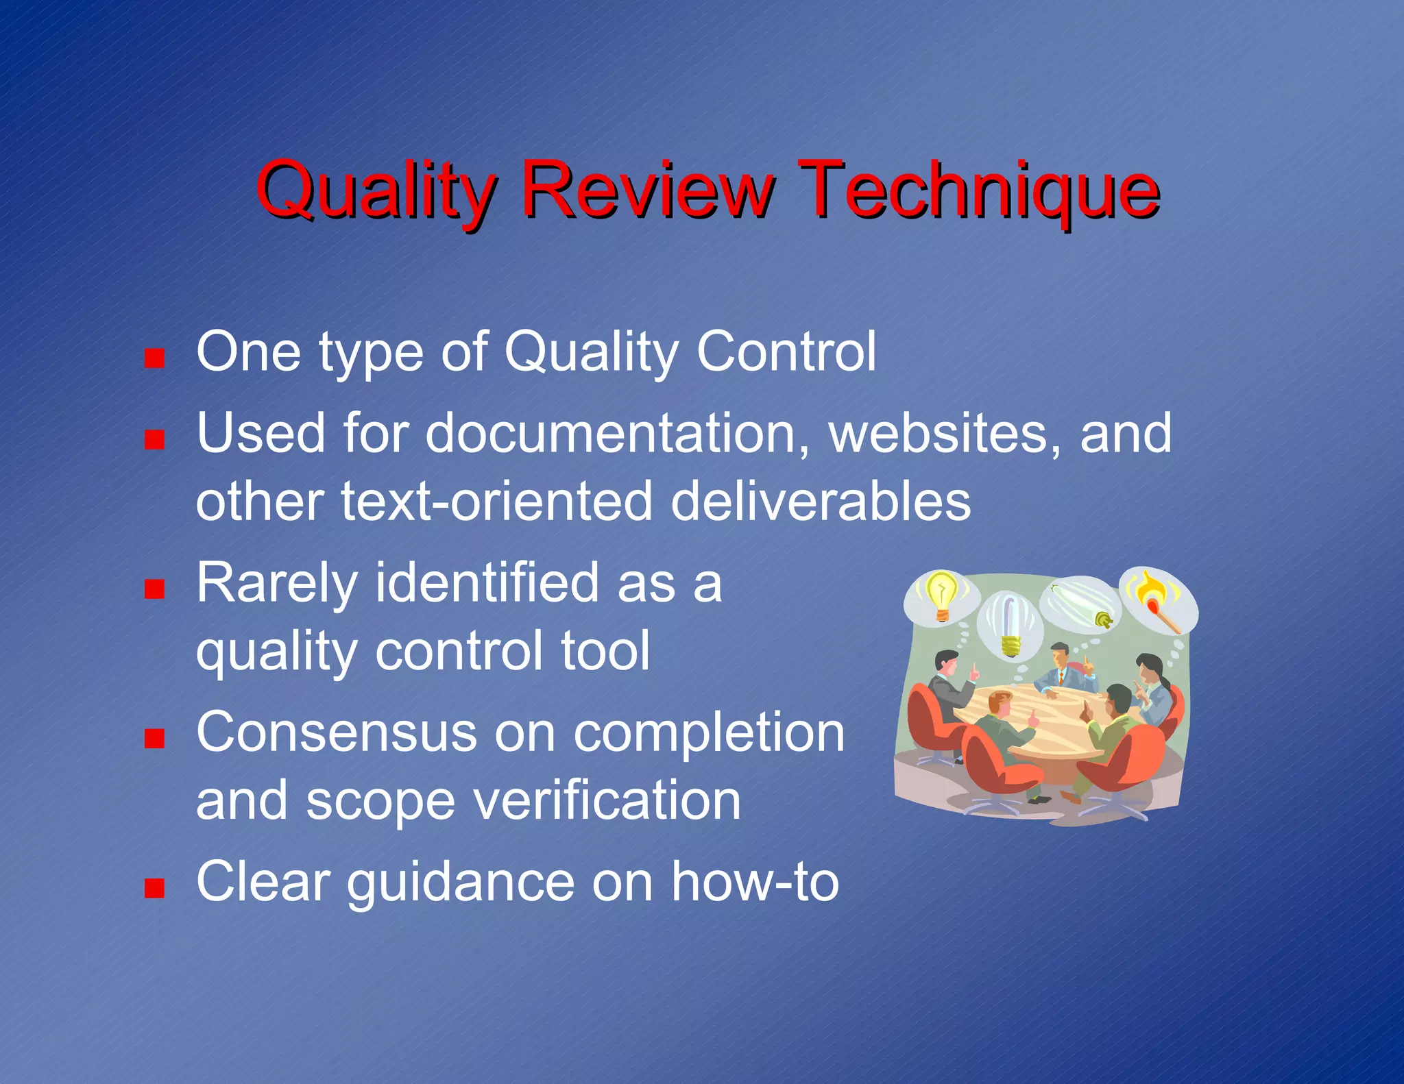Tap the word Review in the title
coord(647,188)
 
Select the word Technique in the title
coord(980,188)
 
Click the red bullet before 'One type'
coord(155,358)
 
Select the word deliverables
coord(820,501)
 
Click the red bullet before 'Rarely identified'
coord(155,589)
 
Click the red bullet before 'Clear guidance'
coord(155,889)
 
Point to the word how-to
coord(754,882)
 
